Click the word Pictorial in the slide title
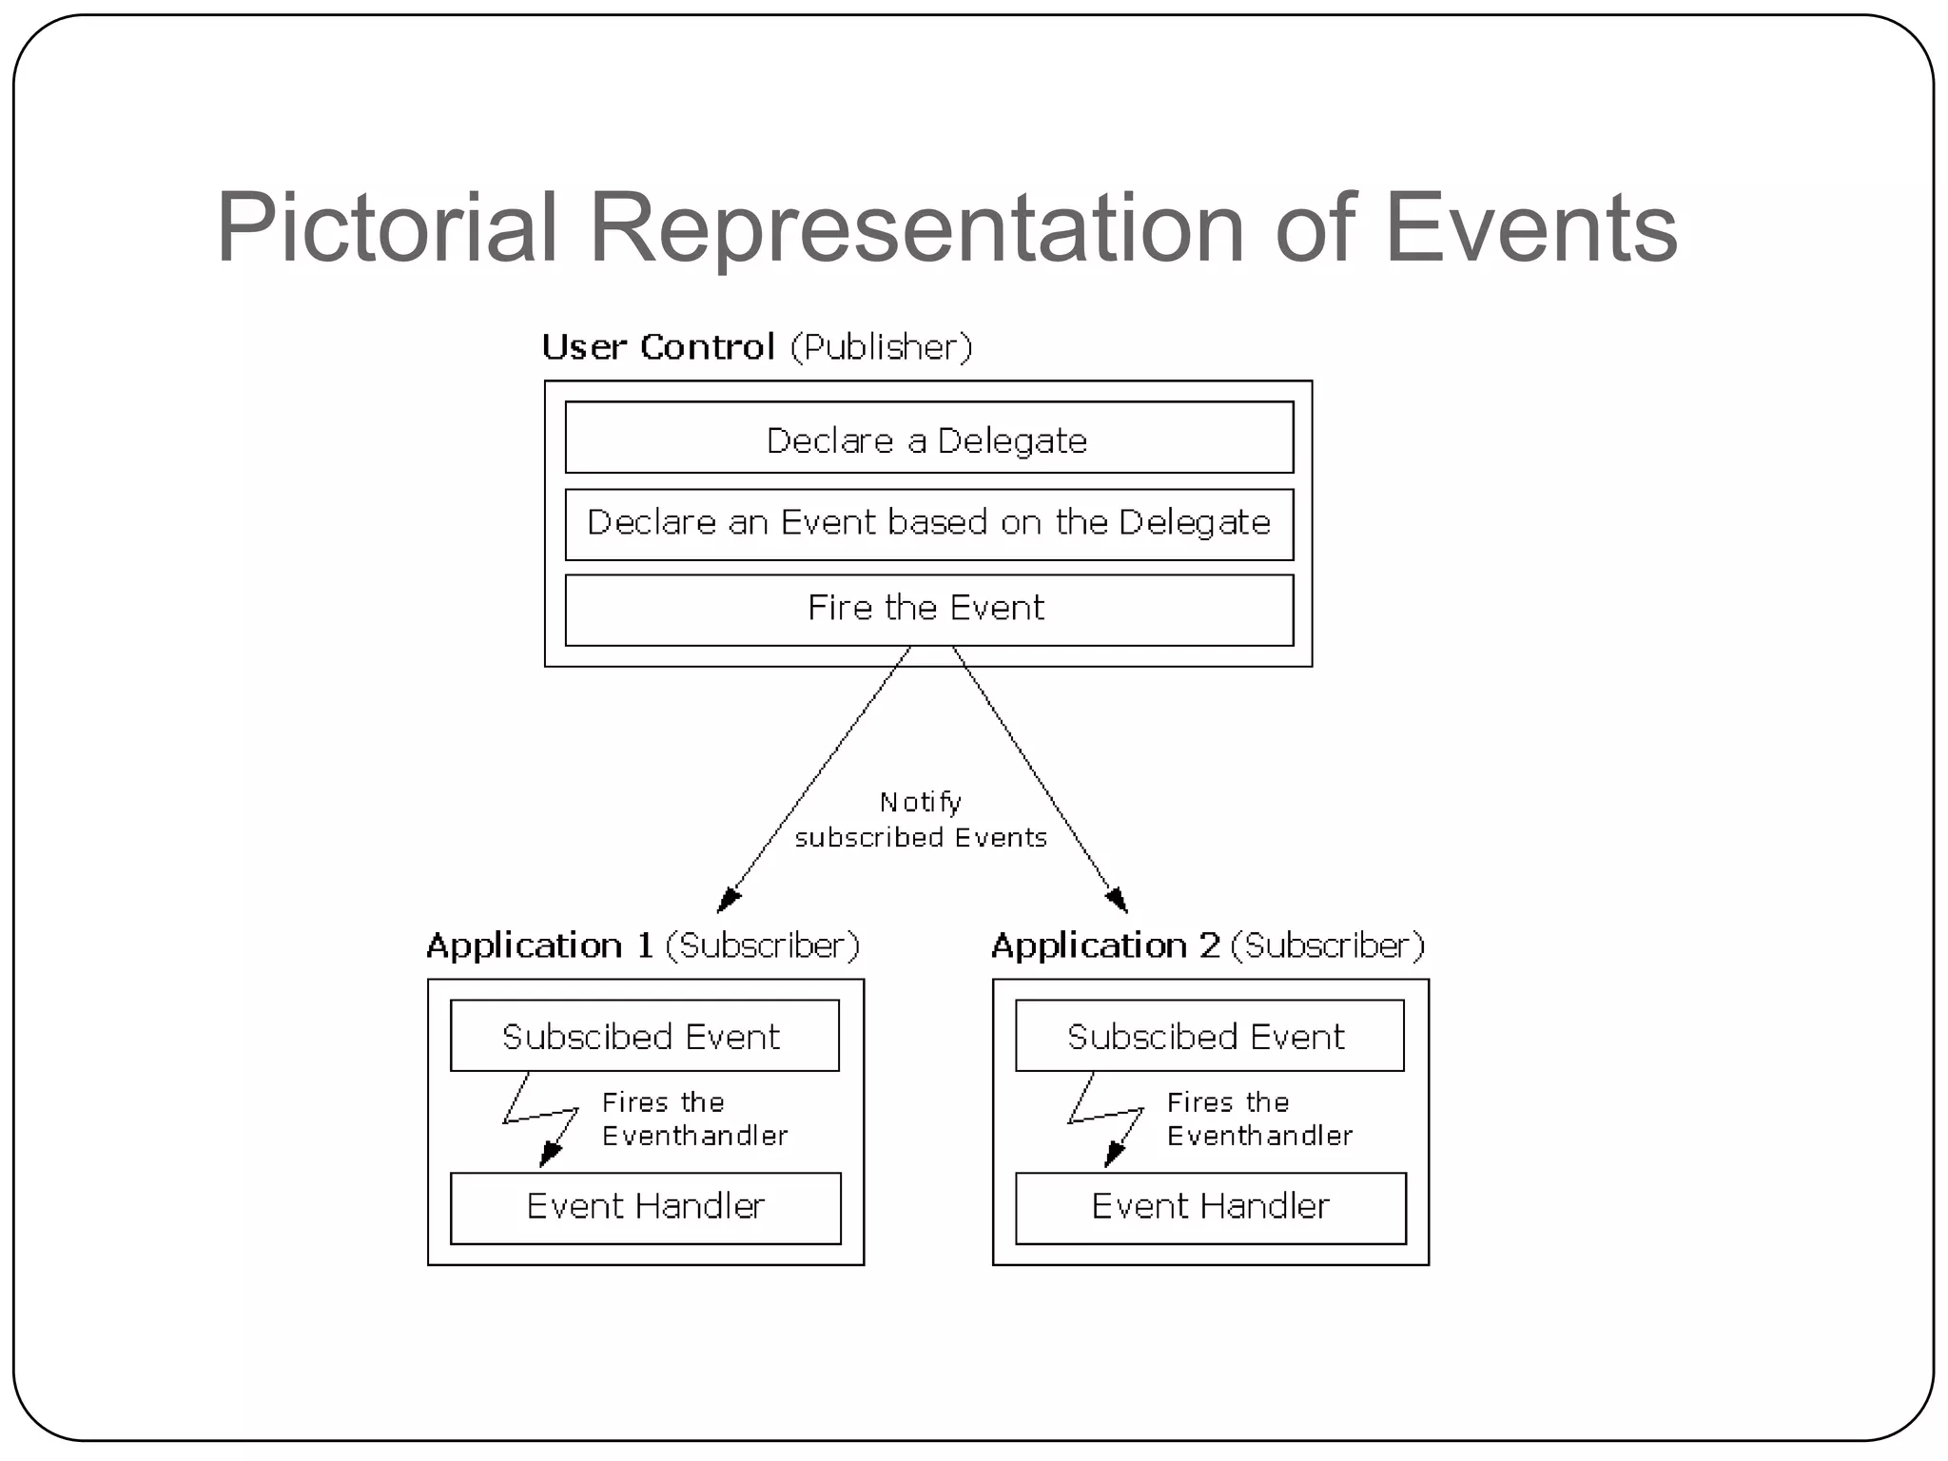[386, 228]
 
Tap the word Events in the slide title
[1530, 228]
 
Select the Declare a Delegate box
[928, 438]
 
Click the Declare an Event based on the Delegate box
[928, 524]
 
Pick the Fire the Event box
[928, 609]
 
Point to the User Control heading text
[658, 347]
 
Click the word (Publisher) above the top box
[881, 347]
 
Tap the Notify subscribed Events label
[920, 820]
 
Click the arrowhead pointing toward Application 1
[728, 899]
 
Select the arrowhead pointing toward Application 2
[1117, 899]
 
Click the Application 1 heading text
[539, 945]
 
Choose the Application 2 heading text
[1104, 945]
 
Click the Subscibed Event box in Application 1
[644, 1036]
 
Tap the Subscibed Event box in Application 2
[1209, 1036]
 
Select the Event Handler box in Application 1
[645, 1207]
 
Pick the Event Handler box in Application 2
[1210, 1207]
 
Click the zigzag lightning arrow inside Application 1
[540, 1118]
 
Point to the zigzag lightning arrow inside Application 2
[1105, 1118]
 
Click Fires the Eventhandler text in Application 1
[694, 1119]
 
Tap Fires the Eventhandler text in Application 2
[1259, 1119]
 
